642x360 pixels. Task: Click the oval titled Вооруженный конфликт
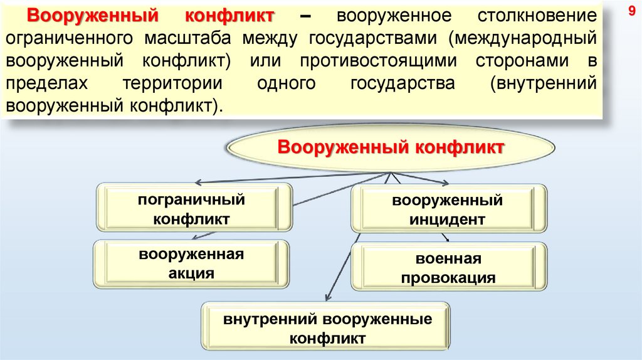click(x=391, y=149)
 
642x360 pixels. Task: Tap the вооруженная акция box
click(x=191, y=263)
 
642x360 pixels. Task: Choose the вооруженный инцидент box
click(x=448, y=210)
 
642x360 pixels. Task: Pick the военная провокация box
click(x=448, y=268)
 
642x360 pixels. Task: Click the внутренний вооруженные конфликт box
click(x=327, y=328)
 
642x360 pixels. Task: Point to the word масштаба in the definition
click(x=189, y=38)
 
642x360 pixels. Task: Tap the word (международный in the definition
click(x=520, y=38)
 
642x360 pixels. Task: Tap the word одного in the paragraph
click(x=289, y=84)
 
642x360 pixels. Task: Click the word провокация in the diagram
click(x=448, y=278)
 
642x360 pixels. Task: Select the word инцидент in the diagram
click(x=448, y=220)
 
